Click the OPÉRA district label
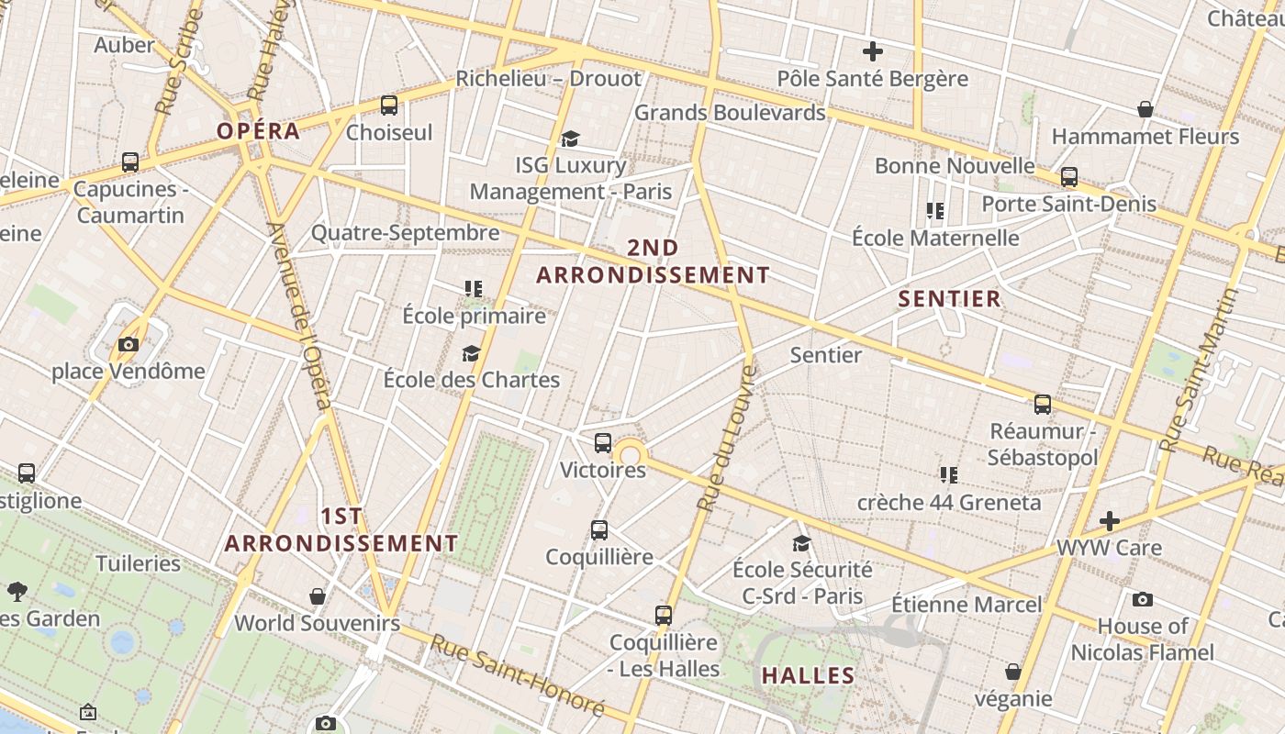[x=258, y=130]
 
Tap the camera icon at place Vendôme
[x=128, y=345]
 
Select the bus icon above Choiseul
[x=389, y=106]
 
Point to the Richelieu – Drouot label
[x=548, y=79]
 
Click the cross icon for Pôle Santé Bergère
[x=872, y=51]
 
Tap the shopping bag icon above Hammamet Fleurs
[x=1145, y=110]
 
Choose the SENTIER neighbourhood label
[x=949, y=299]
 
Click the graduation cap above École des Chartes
[x=471, y=353]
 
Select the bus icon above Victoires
[x=603, y=443]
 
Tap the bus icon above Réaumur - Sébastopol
[x=1043, y=405]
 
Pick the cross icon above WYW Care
[x=1110, y=521]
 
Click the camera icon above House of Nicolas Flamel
[x=1142, y=600]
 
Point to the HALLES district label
[x=808, y=676]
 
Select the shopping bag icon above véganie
[x=1013, y=673]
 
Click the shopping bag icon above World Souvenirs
[x=318, y=597]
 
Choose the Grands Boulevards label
[x=730, y=113]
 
